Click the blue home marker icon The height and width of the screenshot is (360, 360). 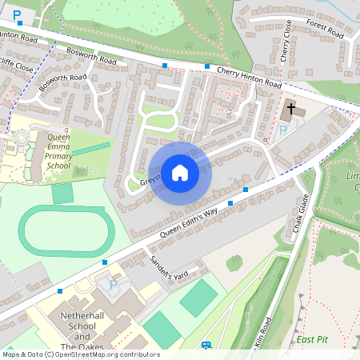point(180,172)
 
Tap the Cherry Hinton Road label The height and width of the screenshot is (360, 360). point(249,78)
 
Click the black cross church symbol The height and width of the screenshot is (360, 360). point(290,107)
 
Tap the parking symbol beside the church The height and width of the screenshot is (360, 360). point(282,130)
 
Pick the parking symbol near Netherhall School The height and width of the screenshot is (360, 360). point(114,284)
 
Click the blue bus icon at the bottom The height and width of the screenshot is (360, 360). point(206,346)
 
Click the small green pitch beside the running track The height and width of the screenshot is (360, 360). point(62,193)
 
